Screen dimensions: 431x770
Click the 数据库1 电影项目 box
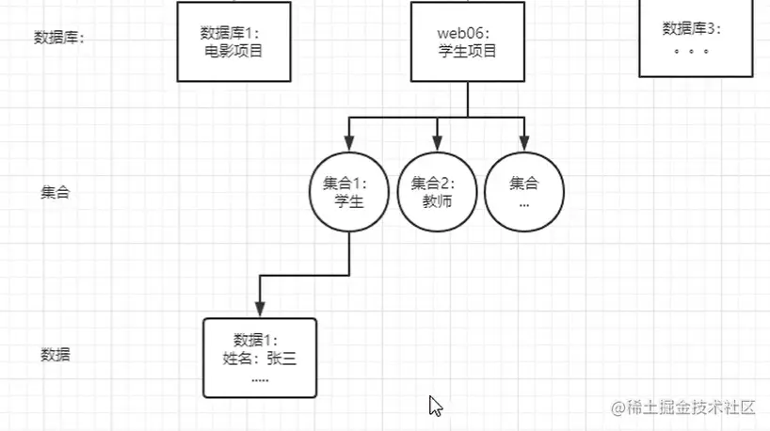pyautogui.click(x=233, y=40)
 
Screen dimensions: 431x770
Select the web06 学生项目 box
pyautogui.click(x=467, y=40)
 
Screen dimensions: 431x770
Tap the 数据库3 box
pyautogui.click(x=696, y=38)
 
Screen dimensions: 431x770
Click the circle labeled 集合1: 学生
pyautogui.click(x=349, y=191)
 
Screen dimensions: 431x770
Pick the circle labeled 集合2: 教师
pyautogui.click(x=438, y=191)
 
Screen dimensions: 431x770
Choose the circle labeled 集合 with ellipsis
pyautogui.click(x=524, y=191)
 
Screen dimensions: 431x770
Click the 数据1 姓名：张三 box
pyautogui.click(x=260, y=357)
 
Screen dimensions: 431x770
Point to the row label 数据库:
pyautogui.click(x=58, y=38)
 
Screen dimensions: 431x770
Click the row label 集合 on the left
pyautogui.click(x=56, y=192)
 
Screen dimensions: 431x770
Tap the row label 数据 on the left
pyautogui.click(x=56, y=355)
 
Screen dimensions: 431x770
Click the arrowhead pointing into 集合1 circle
pyautogui.click(x=349, y=143)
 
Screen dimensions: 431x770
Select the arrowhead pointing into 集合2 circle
pyautogui.click(x=438, y=143)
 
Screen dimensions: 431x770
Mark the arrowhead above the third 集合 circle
pyautogui.click(x=524, y=143)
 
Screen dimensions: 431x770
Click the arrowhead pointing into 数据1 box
pyautogui.click(x=260, y=310)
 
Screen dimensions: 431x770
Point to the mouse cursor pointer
pyautogui.click(x=435, y=406)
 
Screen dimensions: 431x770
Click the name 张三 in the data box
pyautogui.click(x=281, y=358)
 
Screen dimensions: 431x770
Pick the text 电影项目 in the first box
pyautogui.click(x=233, y=50)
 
